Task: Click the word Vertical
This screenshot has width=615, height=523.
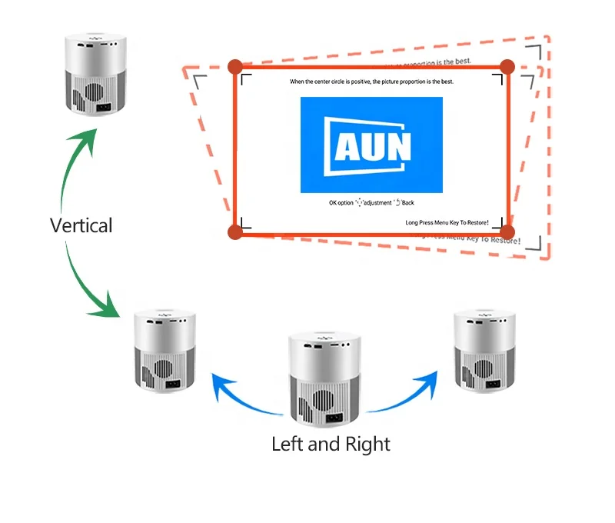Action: (81, 225)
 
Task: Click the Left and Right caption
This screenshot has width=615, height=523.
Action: (331, 444)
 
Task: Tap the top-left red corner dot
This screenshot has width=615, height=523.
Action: (236, 68)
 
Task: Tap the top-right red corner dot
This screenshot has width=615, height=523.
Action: (507, 68)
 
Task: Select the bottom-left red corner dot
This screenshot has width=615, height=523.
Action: (236, 231)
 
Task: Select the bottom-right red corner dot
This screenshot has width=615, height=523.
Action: (507, 231)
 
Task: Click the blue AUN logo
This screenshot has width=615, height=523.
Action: (371, 145)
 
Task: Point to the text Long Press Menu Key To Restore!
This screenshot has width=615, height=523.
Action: (447, 222)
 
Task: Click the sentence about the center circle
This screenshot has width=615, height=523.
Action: (371, 82)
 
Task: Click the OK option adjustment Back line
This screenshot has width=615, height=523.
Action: (371, 203)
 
